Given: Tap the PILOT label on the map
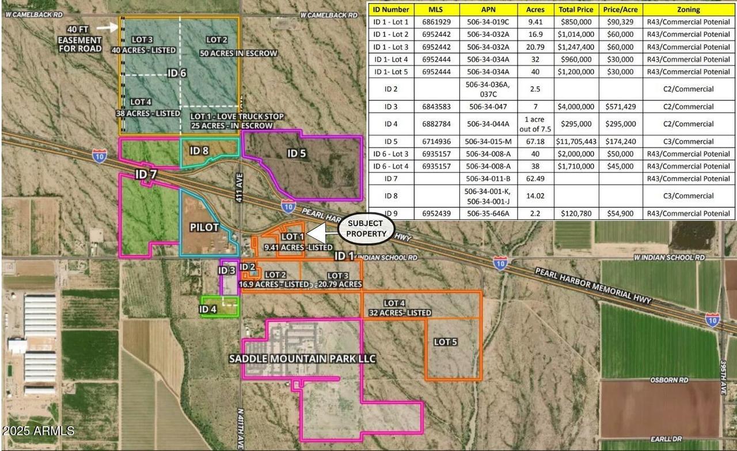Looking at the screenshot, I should [204, 227].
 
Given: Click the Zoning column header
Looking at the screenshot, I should [689, 9].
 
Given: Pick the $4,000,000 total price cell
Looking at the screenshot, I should [576, 107].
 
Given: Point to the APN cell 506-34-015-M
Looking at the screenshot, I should [488, 141].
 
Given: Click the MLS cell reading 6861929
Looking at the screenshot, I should [436, 22].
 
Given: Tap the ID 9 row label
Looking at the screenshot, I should [391, 213].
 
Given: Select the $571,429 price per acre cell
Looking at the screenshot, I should [620, 107].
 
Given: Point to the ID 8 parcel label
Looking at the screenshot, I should [199, 151].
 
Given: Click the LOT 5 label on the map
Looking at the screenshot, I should [446, 342].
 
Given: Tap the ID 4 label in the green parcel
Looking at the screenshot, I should [208, 309].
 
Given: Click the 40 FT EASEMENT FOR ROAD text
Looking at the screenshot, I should [80, 39].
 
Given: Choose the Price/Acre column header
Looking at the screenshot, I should [620, 9].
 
